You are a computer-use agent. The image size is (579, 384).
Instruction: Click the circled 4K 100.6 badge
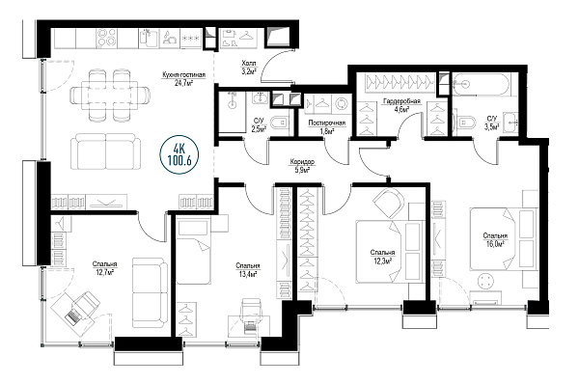click(179, 154)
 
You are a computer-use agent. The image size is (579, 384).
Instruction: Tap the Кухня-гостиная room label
click(184, 79)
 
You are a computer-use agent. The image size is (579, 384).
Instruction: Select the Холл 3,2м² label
click(249, 68)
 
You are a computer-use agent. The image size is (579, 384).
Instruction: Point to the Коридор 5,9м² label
click(302, 166)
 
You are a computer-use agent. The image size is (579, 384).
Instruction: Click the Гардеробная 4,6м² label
click(401, 105)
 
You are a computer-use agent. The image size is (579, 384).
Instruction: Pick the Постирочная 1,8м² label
click(327, 127)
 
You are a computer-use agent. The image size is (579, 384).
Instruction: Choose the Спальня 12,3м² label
click(382, 257)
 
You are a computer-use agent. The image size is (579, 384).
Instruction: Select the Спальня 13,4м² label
click(248, 270)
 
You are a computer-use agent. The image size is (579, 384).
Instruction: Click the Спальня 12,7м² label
click(105, 268)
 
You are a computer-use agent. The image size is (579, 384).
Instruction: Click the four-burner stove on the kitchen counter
click(107, 39)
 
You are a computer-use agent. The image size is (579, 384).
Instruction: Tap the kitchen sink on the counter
click(150, 39)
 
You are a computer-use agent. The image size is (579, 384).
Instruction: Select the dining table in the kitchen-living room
click(110, 96)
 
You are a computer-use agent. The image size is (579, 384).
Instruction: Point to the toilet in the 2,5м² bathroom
click(279, 123)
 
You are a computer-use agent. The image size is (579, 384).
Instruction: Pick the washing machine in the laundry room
click(341, 104)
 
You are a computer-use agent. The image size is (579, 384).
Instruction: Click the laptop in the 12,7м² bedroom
click(72, 317)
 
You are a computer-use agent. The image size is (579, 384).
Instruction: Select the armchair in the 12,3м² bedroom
click(389, 203)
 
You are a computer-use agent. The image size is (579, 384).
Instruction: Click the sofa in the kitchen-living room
click(106, 151)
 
